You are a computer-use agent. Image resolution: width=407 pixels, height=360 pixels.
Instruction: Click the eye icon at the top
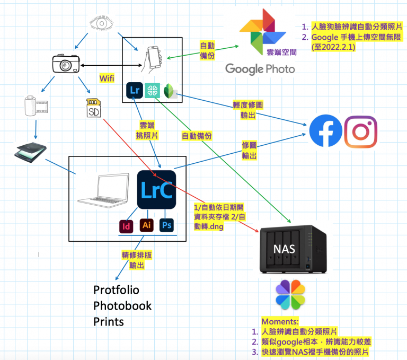click(100, 24)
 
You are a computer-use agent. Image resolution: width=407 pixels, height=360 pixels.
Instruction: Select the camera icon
click(66, 64)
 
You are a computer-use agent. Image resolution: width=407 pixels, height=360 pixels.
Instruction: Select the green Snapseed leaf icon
click(170, 90)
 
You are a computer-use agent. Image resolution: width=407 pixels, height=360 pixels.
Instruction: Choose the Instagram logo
click(361, 131)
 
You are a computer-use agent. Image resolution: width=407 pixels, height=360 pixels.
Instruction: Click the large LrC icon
click(156, 190)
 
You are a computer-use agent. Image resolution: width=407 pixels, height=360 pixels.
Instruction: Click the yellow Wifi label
click(107, 78)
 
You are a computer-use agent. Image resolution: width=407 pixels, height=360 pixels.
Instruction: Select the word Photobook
click(122, 306)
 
